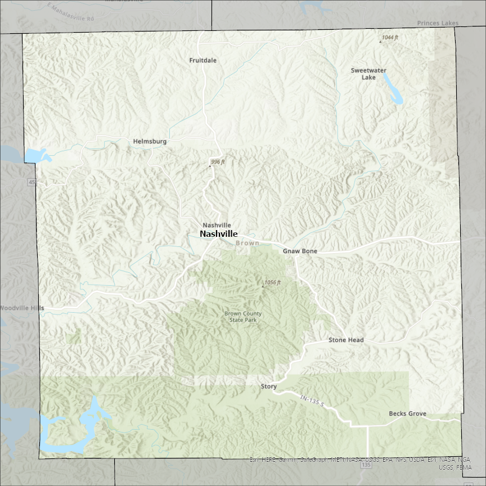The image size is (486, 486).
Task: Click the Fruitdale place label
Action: pyautogui.click(x=203, y=60)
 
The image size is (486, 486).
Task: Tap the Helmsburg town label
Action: pyautogui.click(x=150, y=142)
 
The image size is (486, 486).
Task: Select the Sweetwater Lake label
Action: pyautogui.click(x=368, y=74)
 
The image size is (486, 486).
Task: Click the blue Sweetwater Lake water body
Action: pyautogui.click(x=394, y=90)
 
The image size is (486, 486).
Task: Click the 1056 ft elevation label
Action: pyautogui.click(x=272, y=282)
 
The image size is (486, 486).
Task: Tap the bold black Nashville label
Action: pyautogui.click(x=219, y=234)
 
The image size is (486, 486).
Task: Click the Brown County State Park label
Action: pyautogui.click(x=244, y=317)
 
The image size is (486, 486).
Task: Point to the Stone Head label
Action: pyautogui.click(x=346, y=340)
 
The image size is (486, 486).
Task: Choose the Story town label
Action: pyautogui.click(x=269, y=386)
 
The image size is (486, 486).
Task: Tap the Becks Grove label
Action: pyautogui.click(x=407, y=414)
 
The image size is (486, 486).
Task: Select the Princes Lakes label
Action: pyautogui.click(x=438, y=23)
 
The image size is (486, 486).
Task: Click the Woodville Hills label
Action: pyautogui.click(x=21, y=308)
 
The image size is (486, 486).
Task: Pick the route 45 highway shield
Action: pyautogui.click(x=32, y=182)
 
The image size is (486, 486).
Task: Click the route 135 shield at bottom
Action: pyautogui.click(x=367, y=465)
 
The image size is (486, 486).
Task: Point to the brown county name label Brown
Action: pyautogui.click(x=247, y=243)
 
